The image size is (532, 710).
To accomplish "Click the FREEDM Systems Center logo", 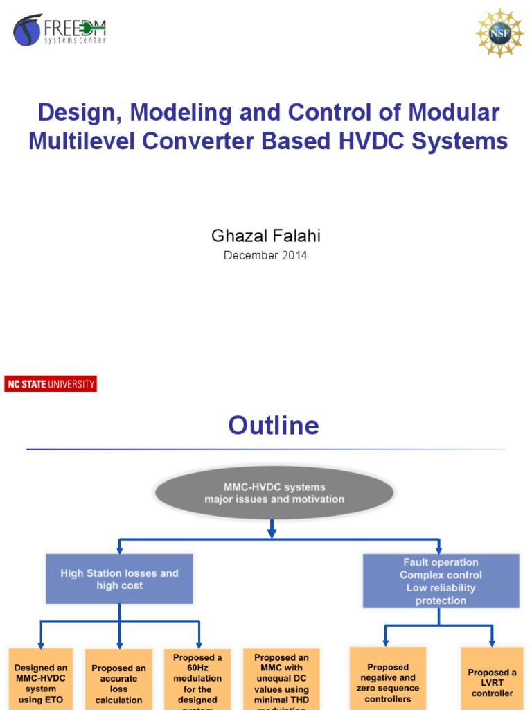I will point(60,31).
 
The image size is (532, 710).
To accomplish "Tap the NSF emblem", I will point(499,33).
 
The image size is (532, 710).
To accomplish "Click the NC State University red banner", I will point(51,384).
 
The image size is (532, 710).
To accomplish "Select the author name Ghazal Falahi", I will point(265,236).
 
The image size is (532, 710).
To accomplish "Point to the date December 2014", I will point(265,255).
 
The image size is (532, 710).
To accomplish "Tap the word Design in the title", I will point(75,112).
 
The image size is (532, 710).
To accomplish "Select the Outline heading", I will point(274,425).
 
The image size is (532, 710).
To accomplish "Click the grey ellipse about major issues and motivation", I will point(274,493).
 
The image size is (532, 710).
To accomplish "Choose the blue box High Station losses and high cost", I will point(119,579).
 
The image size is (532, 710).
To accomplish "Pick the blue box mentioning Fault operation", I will point(441,581).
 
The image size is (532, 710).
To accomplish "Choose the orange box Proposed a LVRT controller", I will point(492,679).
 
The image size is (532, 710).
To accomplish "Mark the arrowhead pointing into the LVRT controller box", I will point(492,641).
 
